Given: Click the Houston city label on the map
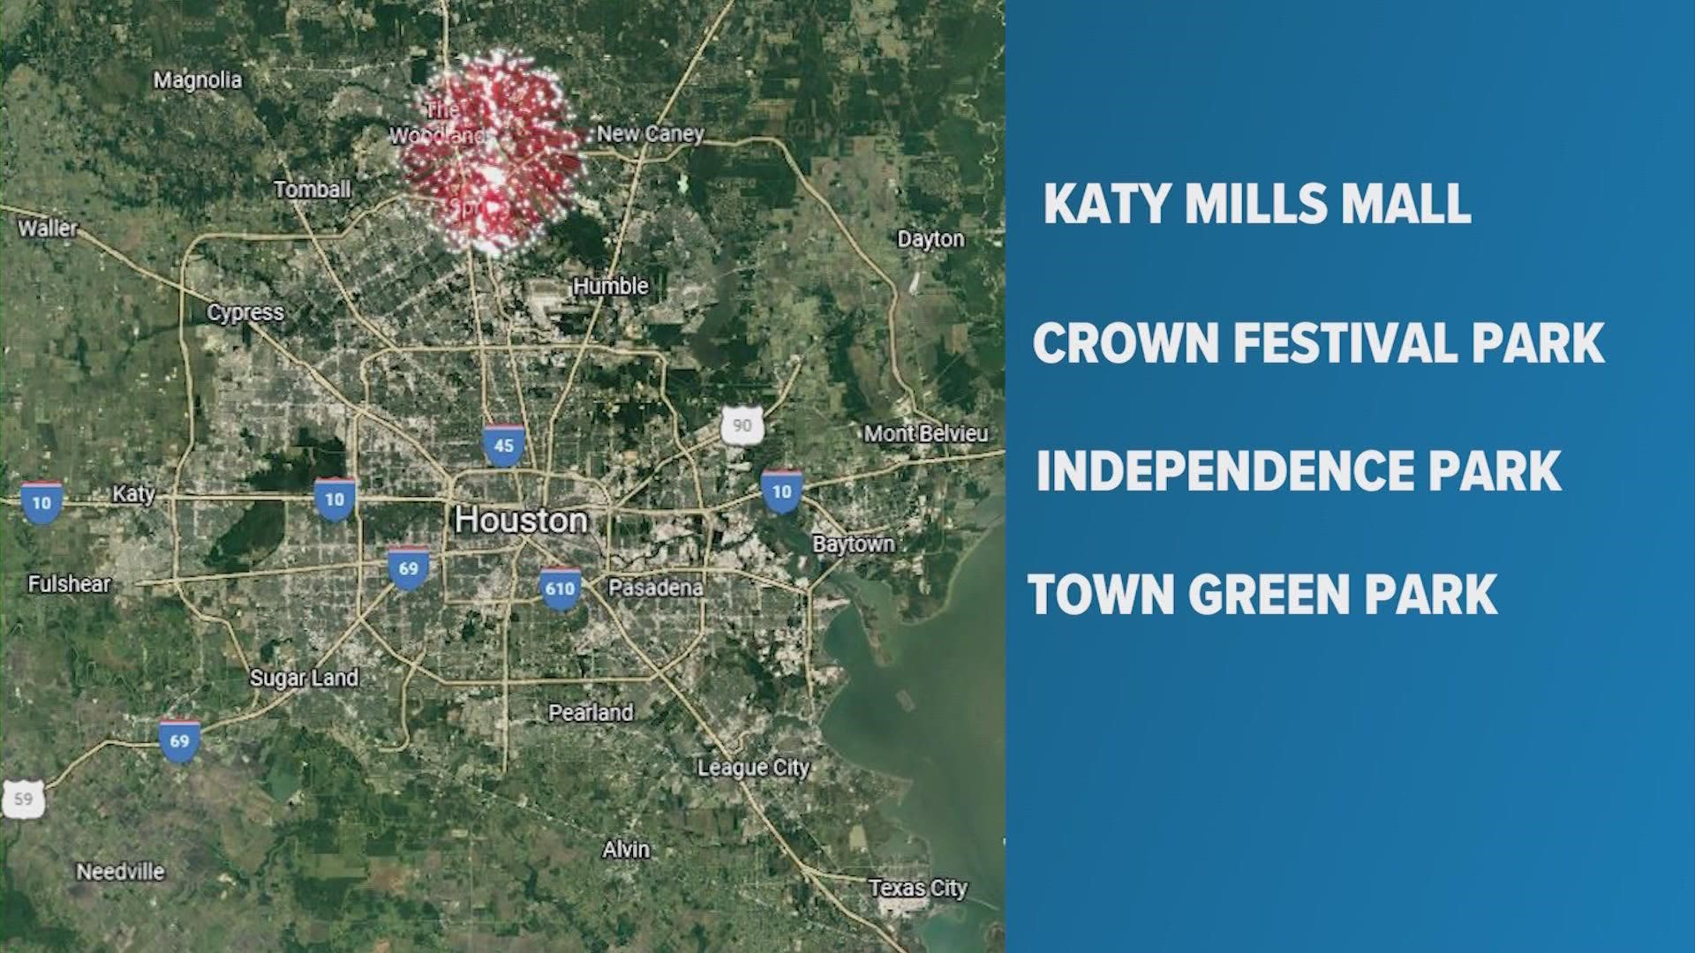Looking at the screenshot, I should [521, 520].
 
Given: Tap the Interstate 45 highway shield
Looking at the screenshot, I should [503, 444].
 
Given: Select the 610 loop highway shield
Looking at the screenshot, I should [560, 588].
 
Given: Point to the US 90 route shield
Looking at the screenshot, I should [742, 425].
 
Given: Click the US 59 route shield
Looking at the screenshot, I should [23, 799].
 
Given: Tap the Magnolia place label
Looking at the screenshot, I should [198, 80].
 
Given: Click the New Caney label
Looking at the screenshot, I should [651, 133].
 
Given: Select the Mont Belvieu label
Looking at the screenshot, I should [925, 433].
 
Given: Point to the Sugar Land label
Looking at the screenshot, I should [304, 678].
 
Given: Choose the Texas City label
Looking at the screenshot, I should [917, 888].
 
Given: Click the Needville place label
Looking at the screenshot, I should [120, 872].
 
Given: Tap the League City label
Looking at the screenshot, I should [753, 768].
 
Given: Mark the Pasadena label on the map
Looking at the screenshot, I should [656, 588].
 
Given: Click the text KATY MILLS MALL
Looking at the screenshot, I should [1257, 204].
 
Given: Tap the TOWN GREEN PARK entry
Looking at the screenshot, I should [1262, 594].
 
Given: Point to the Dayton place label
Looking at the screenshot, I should [930, 239].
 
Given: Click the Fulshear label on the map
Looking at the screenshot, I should [69, 583].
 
